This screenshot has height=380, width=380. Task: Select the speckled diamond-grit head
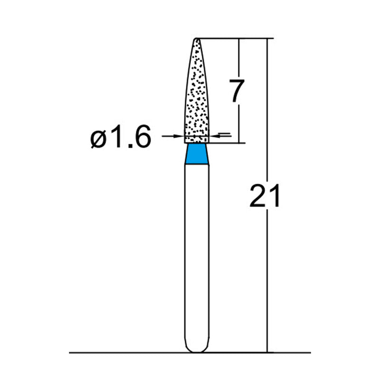click(x=197, y=95)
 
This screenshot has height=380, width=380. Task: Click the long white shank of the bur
click(x=197, y=252)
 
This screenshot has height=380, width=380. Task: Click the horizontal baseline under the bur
click(x=119, y=353)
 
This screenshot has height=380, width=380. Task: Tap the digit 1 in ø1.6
click(x=117, y=137)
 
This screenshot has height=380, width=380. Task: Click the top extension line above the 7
click(x=233, y=38)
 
